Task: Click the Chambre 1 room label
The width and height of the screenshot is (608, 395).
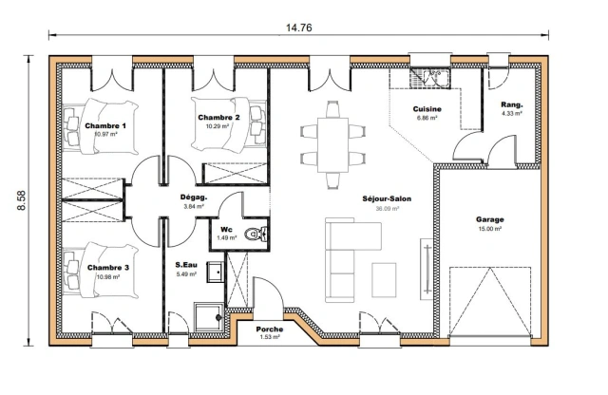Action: coord(105,125)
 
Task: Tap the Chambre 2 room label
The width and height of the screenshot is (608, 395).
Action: coord(218,117)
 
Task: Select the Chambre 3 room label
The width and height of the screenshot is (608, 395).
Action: coord(107,268)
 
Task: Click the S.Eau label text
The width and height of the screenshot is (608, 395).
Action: coord(186,265)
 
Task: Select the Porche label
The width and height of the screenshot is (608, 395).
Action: coord(270,329)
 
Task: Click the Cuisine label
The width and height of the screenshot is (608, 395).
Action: coord(427,110)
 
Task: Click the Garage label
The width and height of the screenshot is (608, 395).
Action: coord(490,218)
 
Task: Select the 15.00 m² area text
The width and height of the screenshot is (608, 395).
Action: coord(490,229)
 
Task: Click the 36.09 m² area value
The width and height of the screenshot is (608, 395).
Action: coord(387,209)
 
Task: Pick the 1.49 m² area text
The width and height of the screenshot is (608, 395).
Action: coord(227,237)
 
